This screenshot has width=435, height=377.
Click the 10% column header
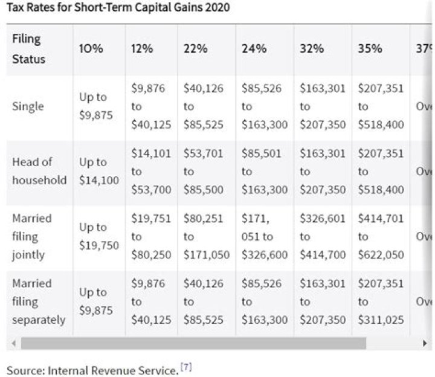pyautogui.click(x=91, y=49)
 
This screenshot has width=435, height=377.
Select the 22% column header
pyautogui.click(x=196, y=49)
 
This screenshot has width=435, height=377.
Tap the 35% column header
pyautogui.click(x=370, y=49)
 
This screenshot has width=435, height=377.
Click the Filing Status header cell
pyautogui.click(x=28, y=49)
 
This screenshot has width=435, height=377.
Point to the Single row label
pyautogui.click(x=28, y=106)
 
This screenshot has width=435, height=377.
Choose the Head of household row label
pyautogui.click(x=39, y=171)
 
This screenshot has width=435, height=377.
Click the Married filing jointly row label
pyautogui.click(x=32, y=236)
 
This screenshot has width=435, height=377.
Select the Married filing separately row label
pyautogui.click(x=39, y=301)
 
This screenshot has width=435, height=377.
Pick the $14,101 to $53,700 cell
pyautogui.click(x=151, y=172)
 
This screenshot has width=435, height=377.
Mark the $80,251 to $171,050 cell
pyautogui.click(x=207, y=236)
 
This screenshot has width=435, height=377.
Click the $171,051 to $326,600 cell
pyautogui.click(x=265, y=236)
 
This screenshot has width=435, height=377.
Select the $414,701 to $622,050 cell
pyautogui.click(x=381, y=236)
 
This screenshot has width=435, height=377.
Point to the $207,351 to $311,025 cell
pyautogui.click(x=381, y=301)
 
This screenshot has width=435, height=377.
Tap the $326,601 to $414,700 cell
pyautogui.click(x=323, y=236)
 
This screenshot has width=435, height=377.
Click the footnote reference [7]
pyautogui.click(x=187, y=367)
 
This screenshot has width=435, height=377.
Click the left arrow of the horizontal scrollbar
pyautogui.click(x=13, y=343)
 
